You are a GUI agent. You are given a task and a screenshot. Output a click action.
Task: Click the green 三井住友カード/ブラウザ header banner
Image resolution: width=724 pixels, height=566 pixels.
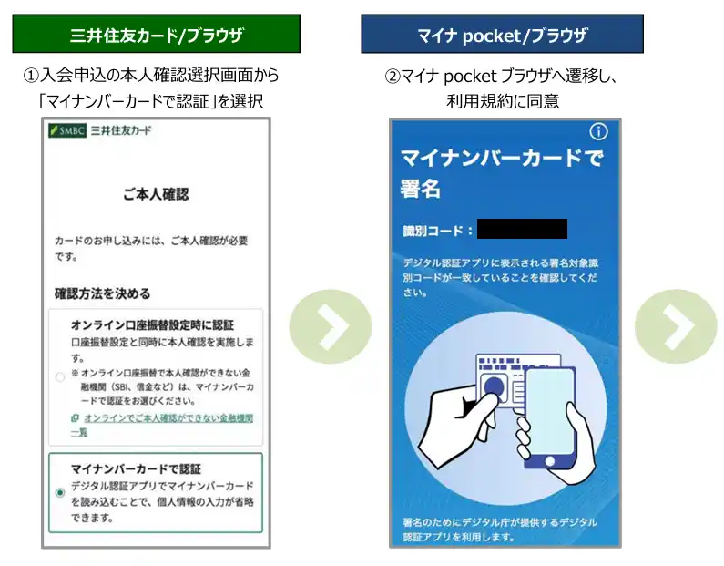click(156, 34)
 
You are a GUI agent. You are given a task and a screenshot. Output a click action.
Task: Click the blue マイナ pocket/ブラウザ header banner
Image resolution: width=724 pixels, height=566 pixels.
click(502, 34)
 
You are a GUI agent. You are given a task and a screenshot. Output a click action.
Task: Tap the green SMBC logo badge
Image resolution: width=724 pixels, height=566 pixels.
click(67, 130)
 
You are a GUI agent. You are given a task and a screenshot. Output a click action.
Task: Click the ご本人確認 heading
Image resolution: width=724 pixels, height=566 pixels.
click(156, 194)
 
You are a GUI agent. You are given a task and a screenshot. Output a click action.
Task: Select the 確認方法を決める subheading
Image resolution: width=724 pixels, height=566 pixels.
click(103, 293)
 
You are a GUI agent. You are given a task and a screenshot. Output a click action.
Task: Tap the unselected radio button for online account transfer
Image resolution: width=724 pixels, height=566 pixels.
click(59, 377)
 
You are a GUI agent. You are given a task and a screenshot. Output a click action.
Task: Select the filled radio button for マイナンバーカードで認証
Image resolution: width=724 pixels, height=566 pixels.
click(59, 492)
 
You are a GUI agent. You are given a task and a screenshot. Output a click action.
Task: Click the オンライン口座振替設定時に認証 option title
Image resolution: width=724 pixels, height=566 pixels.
click(152, 325)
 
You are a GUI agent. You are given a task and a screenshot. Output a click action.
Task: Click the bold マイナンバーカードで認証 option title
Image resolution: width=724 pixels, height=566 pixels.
click(136, 469)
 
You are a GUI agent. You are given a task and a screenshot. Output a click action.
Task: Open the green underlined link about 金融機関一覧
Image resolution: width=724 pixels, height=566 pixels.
click(161, 425)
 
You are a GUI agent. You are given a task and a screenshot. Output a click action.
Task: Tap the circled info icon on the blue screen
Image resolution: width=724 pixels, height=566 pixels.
click(599, 131)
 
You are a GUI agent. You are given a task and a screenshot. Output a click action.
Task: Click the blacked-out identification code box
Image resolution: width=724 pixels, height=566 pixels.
click(522, 229)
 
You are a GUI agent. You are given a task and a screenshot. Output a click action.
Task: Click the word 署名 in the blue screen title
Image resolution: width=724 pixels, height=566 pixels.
click(420, 189)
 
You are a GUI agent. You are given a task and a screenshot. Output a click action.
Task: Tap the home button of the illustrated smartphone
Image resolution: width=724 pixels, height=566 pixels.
click(550, 460)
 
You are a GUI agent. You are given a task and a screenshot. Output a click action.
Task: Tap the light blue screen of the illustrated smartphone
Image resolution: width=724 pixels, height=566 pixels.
click(548, 411)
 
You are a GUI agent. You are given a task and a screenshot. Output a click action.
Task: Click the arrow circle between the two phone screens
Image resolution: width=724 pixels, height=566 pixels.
click(331, 326)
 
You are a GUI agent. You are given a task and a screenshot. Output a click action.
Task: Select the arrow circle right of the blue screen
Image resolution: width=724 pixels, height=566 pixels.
click(676, 326)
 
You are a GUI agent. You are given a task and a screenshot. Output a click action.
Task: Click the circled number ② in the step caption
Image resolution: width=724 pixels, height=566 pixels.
click(393, 76)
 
